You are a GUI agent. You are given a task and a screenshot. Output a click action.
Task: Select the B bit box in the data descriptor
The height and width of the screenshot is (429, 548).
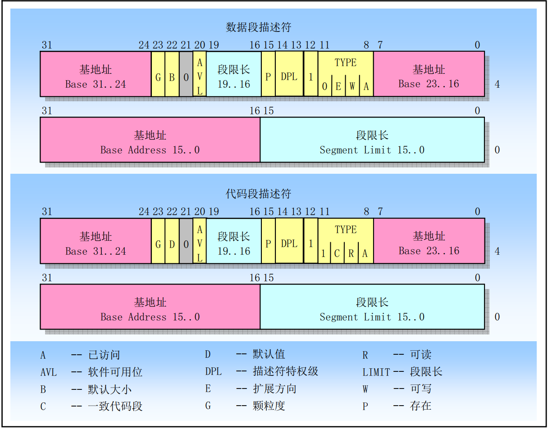pyautogui.click(x=172, y=77)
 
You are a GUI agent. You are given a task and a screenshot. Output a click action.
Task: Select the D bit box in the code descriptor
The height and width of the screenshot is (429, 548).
pyautogui.click(x=172, y=244)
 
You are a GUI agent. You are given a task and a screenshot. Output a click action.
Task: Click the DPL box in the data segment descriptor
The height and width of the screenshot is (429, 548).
pyautogui.click(x=289, y=77)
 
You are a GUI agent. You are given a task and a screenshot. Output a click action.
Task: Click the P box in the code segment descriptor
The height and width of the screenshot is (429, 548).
pyautogui.click(x=268, y=244)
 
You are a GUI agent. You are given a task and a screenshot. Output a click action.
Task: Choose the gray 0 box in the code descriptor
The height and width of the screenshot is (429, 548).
pyautogui.click(x=186, y=244)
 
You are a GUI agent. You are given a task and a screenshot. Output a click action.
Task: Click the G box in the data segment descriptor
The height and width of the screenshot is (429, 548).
pyautogui.click(x=158, y=77)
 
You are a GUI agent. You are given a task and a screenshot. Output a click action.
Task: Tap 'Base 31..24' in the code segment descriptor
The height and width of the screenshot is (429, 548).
pyautogui.click(x=96, y=251)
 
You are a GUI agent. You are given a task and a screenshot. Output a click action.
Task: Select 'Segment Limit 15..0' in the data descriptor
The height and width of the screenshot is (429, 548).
pyautogui.click(x=372, y=150)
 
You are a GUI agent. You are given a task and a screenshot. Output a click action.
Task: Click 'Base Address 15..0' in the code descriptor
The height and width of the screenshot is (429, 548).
pyautogui.click(x=150, y=317)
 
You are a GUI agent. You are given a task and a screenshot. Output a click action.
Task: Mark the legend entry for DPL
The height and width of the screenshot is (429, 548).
pyautogui.click(x=261, y=371)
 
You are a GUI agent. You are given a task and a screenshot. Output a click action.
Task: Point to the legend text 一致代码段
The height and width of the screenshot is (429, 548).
pyautogui.click(x=115, y=406)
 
